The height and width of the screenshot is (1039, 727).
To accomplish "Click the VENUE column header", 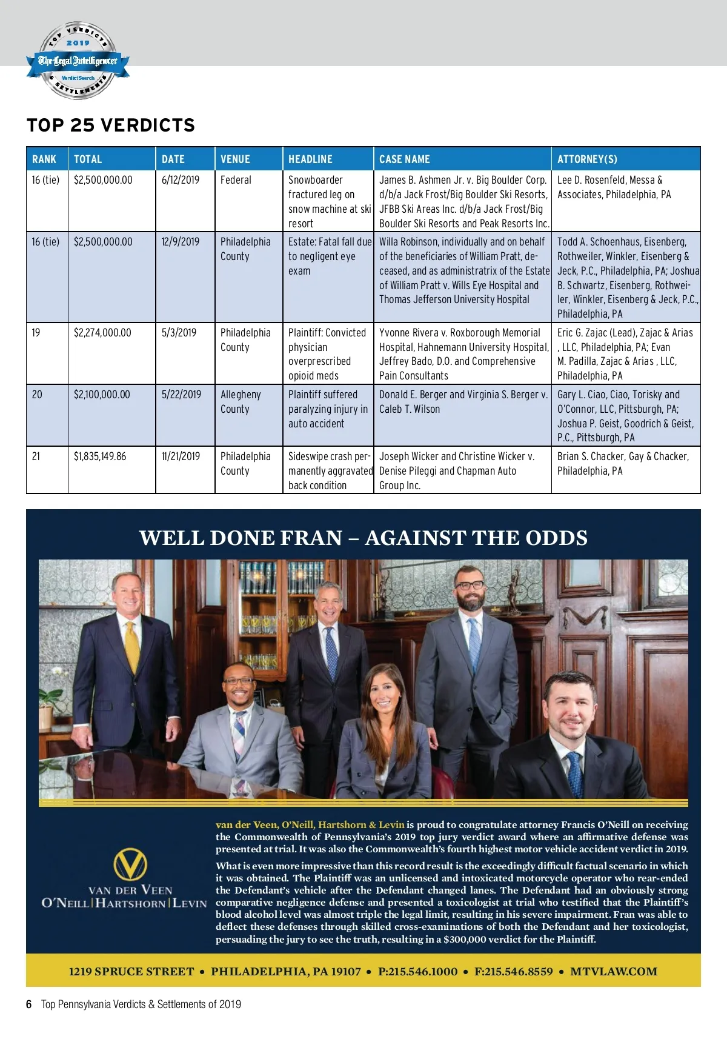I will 235,159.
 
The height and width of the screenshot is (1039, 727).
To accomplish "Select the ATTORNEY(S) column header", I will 587,159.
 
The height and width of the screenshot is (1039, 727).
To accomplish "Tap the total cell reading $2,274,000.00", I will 102,333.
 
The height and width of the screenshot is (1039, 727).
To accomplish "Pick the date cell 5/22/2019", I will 181,395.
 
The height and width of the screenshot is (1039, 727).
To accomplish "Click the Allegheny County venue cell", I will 241,401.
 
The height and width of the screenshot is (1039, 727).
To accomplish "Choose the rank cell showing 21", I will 36,456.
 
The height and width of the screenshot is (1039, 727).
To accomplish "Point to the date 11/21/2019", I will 181,456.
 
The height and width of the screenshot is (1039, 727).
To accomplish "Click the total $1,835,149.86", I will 100,456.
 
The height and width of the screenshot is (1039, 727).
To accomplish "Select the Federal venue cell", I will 236,180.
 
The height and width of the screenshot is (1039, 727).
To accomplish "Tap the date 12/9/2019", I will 180,242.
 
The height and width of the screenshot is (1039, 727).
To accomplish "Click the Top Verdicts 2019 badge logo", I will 78,61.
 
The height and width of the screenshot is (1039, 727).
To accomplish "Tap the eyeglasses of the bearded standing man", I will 470,586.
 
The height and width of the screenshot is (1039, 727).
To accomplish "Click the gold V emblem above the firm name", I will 130,865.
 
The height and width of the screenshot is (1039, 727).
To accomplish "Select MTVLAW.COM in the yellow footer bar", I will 613,971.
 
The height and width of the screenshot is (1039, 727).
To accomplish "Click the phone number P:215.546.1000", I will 417,971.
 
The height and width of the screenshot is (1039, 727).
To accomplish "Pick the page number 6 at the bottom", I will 29,1004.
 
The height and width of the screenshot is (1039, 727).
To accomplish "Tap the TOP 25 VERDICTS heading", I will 111,125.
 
